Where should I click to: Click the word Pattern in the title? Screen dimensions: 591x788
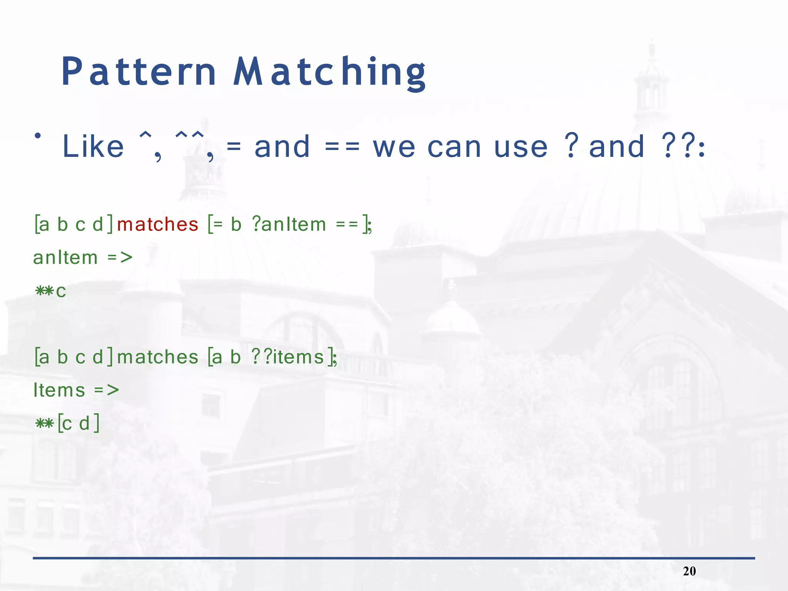tap(139, 72)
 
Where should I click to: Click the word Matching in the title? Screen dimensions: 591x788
tap(330, 72)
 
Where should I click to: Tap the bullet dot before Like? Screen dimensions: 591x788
tap(38, 136)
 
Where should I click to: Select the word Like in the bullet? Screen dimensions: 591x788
tap(93, 147)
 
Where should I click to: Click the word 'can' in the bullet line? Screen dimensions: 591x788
tap(454, 147)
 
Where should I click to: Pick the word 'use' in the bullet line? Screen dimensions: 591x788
tap(520, 147)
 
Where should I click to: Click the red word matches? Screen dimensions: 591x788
tap(157, 224)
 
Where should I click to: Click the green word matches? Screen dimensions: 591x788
tap(157, 357)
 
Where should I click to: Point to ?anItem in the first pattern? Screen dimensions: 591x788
tap(289, 224)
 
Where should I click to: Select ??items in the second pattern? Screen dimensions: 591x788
tap(288, 357)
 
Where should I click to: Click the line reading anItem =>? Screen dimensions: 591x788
tap(83, 257)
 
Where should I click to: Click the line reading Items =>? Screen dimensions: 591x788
tap(76, 390)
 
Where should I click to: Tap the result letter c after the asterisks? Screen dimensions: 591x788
tap(61, 291)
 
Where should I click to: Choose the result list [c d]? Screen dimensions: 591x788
tap(78, 424)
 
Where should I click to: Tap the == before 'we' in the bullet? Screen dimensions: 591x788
tap(342, 147)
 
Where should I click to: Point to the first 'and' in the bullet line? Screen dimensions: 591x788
tap(282, 147)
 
